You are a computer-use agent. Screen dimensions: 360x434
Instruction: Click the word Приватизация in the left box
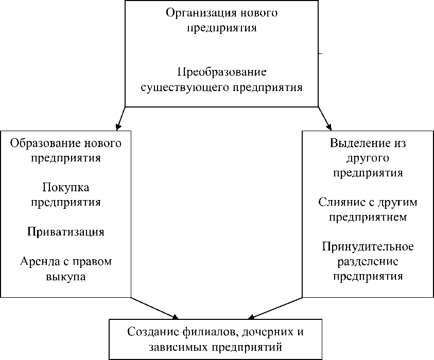tap(66, 231)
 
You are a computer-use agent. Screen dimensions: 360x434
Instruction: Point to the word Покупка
tap(65, 187)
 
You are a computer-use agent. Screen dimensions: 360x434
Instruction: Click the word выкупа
tap(65, 277)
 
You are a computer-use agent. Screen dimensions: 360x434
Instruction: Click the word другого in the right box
tap(368, 157)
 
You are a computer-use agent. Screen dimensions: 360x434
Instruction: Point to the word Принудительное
tap(368, 246)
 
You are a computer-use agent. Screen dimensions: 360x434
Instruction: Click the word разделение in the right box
tap(368, 261)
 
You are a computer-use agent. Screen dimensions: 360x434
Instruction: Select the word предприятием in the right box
tap(368, 217)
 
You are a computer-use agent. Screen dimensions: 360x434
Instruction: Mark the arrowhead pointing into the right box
tap(328, 125)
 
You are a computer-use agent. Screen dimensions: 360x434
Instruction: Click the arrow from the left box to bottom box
tap(154, 307)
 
